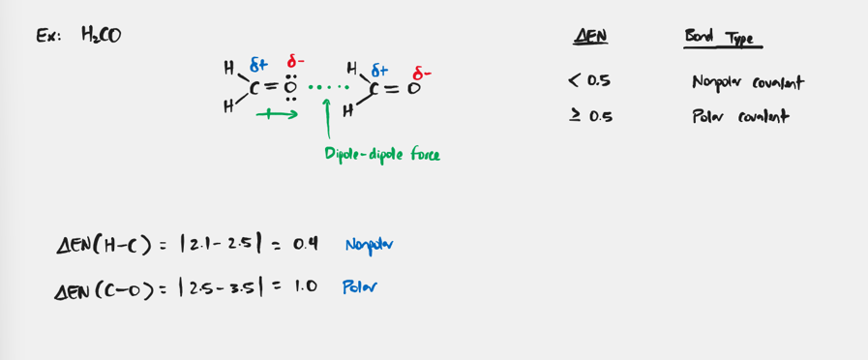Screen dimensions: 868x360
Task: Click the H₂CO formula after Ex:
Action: (101, 36)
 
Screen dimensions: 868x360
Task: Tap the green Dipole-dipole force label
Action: (382, 153)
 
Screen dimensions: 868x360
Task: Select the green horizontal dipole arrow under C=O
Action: (276, 114)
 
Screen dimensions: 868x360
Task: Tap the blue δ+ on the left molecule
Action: (258, 65)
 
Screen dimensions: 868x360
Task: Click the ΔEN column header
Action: (590, 38)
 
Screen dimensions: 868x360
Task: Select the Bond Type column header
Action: (722, 39)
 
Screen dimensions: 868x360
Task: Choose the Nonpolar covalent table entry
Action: (747, 82)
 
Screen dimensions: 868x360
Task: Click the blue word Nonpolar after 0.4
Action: (368, 244)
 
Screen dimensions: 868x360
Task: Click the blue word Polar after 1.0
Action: (359, 286)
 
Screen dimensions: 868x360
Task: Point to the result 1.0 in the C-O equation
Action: (305, 286)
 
